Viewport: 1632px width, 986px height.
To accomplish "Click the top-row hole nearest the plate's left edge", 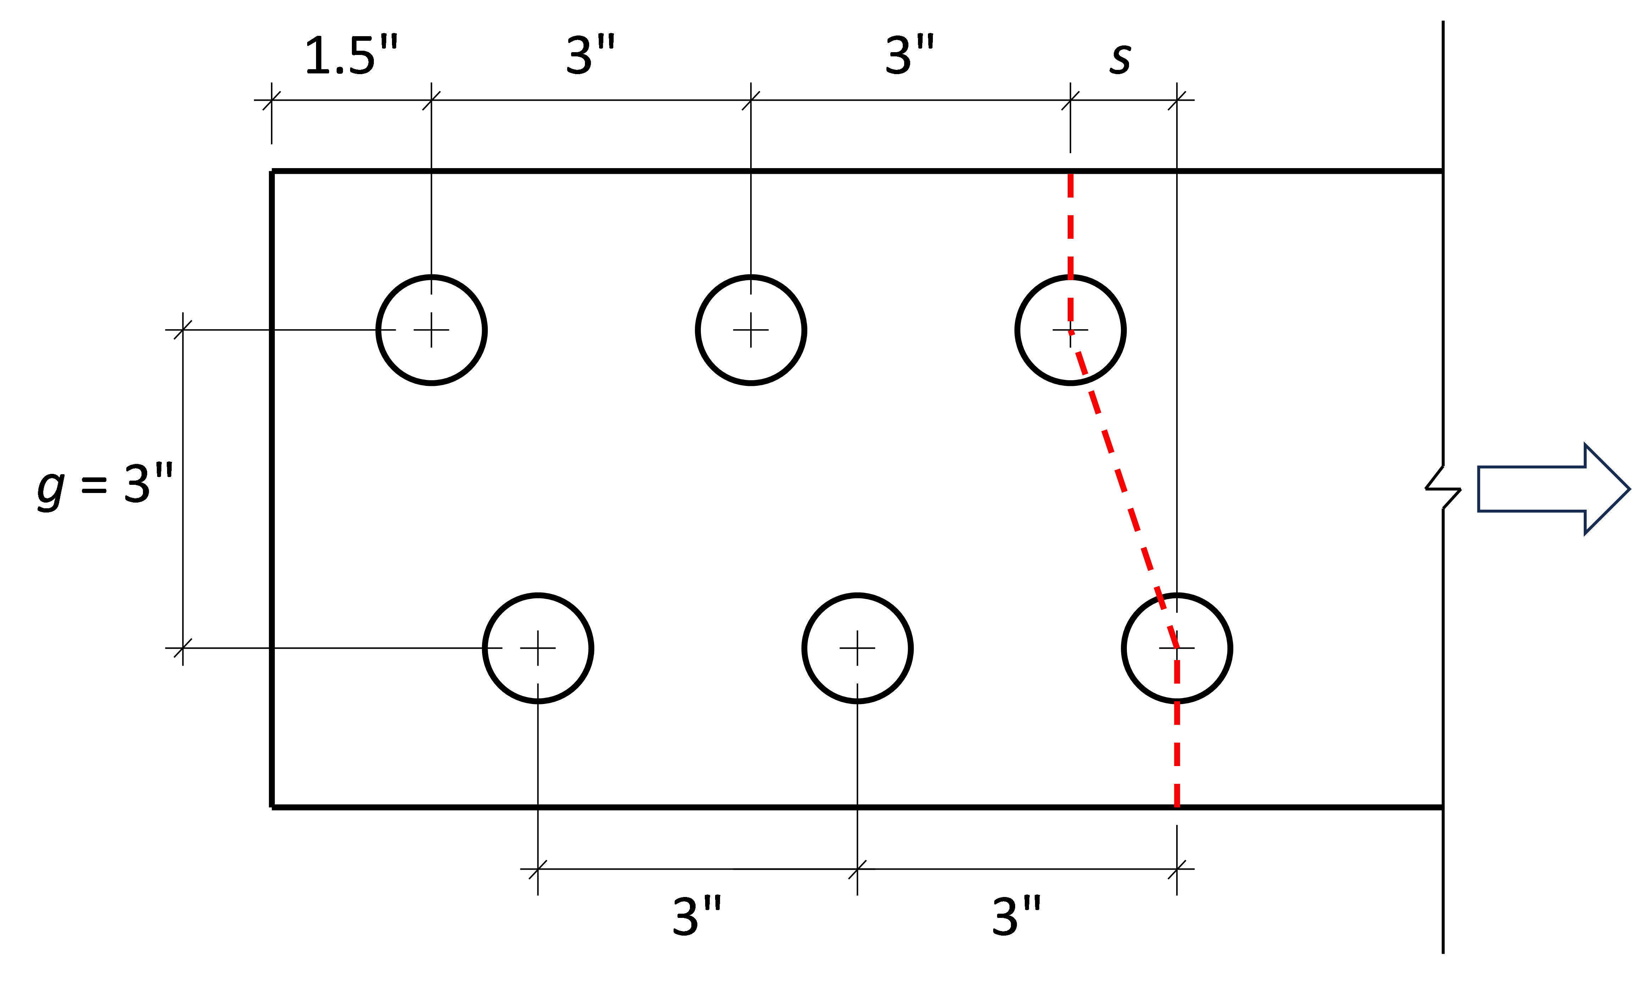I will (x=431, y=330).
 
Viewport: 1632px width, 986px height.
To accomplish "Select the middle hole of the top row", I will (x=751, y=330).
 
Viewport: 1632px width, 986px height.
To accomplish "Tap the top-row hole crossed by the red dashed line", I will (x=1071, y=330).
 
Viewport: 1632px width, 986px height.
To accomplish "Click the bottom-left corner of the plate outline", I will (x=272, y=807).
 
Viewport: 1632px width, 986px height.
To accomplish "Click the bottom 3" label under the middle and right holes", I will (x=1016, y=917).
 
